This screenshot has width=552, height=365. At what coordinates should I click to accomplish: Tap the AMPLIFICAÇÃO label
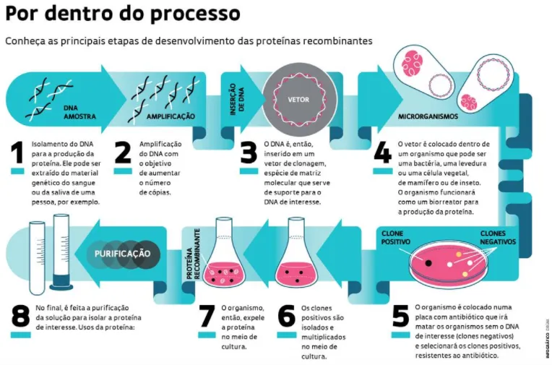pos(171,116)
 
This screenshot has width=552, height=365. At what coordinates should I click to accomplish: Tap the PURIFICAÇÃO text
pos(123,254)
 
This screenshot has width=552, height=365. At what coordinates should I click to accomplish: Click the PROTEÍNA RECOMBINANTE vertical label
pos(191,257)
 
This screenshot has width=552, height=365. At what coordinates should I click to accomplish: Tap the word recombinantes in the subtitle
pos(333,40)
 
